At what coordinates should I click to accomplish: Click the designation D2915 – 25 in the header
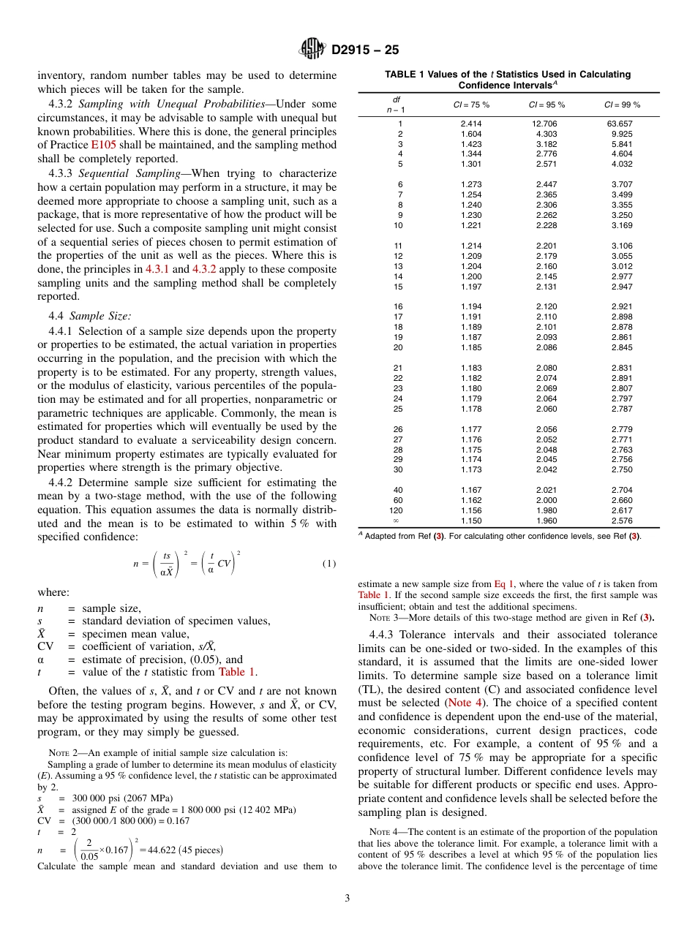[365, 50]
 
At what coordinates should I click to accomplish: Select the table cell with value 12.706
[545, 124]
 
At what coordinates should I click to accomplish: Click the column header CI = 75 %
[471, 105]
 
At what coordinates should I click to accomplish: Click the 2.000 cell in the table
[546, 500]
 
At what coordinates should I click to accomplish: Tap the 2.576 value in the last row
[622, 521]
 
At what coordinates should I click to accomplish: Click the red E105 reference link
[102, 145]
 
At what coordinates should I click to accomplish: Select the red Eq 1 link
[504, 583]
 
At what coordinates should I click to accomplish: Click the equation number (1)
[328, 563]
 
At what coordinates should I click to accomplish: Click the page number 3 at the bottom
[347, 898]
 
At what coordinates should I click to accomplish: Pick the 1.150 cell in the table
[471, 521]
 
